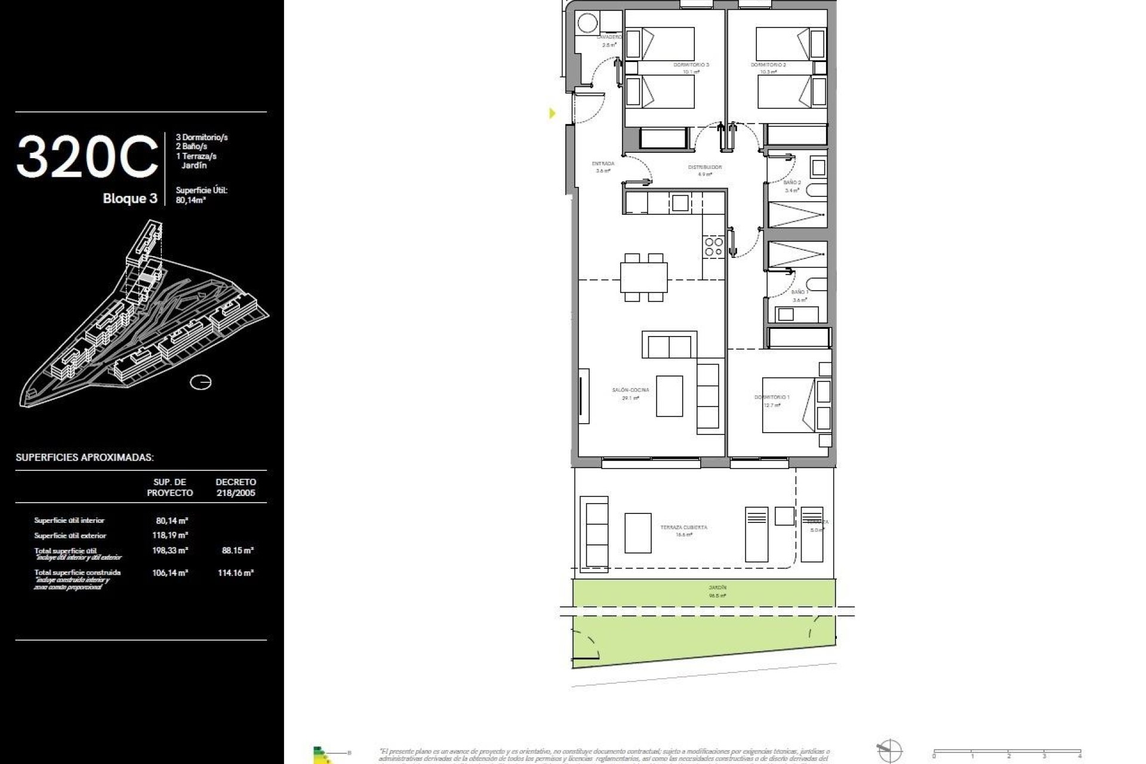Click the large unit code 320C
point(87,156)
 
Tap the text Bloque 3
point(130,199)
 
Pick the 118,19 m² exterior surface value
point(170,535)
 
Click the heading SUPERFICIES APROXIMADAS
point(85,458)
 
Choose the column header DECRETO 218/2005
point(235,487)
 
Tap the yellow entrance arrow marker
point(552,113)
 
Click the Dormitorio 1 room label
point(772,398)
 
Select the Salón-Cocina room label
point(630,390)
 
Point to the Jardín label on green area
point(717,588)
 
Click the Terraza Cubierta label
point(683,528)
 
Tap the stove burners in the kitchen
point(713,247)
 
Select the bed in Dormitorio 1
point(788,406)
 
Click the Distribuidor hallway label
point(705,168)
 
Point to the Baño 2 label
point(792,183)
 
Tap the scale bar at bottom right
point(1007,750)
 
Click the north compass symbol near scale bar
point(889,750)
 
